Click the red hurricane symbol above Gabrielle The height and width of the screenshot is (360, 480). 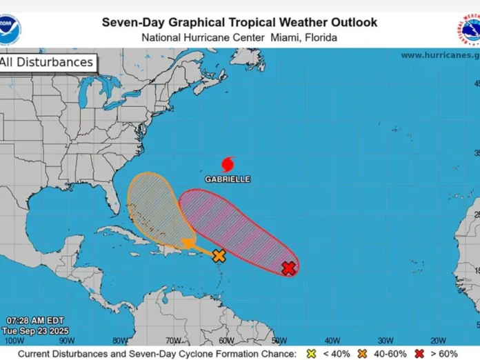coord(228,164)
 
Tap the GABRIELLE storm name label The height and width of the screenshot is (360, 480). coord(228,179)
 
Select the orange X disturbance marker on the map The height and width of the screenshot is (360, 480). coord(219,256)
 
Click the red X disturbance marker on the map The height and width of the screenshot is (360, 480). coord(289,268)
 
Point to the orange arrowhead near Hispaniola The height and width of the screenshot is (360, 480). coord(187,243)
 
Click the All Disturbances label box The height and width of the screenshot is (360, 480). coord(47,63)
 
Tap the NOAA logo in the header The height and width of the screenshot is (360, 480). coord(10,29)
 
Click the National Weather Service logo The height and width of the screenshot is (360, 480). coord(469,29)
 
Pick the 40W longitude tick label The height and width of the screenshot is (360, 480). coord(332,340)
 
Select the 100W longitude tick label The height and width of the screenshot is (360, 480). coord(12,340)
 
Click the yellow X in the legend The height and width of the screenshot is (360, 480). coord(311,353)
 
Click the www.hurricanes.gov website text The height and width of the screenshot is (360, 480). coord(439,55)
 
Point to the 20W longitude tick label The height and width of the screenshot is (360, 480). coord(438,340)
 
